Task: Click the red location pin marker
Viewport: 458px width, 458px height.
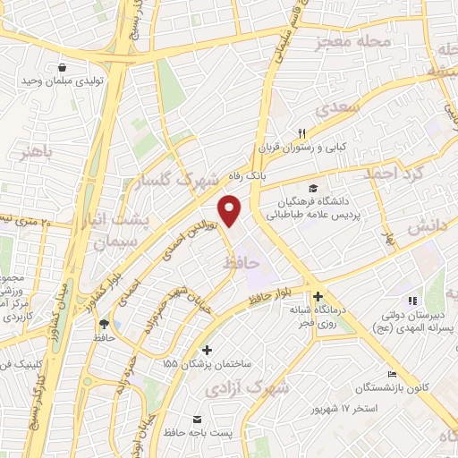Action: (x=231, y=210)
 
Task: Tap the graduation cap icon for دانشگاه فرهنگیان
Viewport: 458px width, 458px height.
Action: (x=313, y=188)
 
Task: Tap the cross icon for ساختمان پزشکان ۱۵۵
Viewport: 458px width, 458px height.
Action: (x=208, y=350)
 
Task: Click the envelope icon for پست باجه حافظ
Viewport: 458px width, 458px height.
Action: (x=198, y=419)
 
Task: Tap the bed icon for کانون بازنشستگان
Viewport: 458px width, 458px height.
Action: (x=391, y=374)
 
